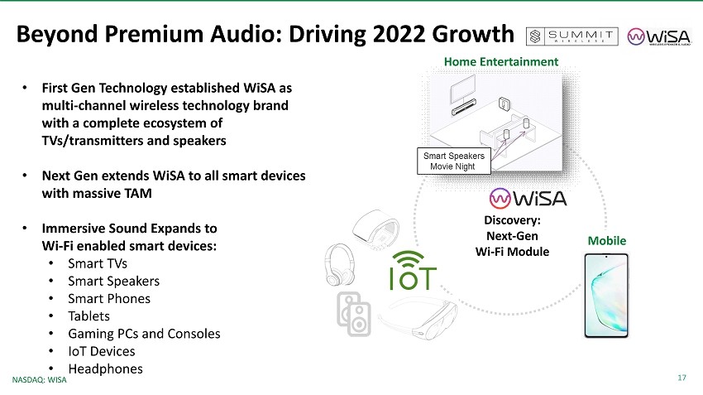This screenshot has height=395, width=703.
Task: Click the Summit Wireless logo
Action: [x=572, y=36]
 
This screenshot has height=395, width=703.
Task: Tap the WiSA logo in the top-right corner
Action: [x=659, y=36]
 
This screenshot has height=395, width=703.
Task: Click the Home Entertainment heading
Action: [x=501, y=61]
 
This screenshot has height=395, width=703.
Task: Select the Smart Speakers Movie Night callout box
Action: [x=454, y=161]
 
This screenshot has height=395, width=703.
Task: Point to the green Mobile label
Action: [x=606, y=241]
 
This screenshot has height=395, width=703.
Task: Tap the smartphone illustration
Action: [x=606, y=296]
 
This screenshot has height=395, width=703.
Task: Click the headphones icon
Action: [x=340, y=265]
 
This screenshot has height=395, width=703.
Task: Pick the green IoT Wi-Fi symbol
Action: [x=413, y=270]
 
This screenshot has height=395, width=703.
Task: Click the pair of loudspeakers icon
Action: [x=354, y=314]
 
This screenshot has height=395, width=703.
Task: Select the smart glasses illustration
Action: [x=418, y=319]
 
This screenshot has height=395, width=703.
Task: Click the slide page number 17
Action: [x=681, y=378]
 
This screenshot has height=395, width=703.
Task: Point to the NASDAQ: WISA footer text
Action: [x=39, y=380]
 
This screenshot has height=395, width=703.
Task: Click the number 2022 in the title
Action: [x=399, y=34]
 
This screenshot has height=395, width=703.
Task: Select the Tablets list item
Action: [x=88, y=316]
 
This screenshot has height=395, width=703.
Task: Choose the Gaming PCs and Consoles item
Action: [x=144, y=334]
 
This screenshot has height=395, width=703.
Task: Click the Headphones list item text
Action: [x=105, y=369]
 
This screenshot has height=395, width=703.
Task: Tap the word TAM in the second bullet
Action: [x=137, y=193]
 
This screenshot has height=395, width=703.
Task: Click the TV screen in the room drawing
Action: [x=463, y=89]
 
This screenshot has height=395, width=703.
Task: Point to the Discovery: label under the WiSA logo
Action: [x=513, y=220]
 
